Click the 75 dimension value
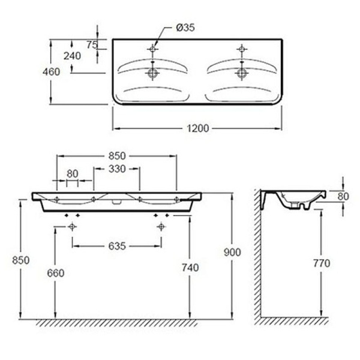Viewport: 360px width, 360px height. [92, 44]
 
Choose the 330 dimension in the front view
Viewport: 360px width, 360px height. [117, 169]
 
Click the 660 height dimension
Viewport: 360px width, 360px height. [56, 273]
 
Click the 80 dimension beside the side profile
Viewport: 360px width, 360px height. [343, 196]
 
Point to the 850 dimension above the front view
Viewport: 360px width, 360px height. [116, 154]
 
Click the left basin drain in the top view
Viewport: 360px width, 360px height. [153, 73]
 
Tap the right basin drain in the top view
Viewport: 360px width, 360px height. [242, 73]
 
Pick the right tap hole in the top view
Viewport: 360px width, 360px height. [242, 48]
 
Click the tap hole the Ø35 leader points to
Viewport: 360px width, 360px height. [153, 48]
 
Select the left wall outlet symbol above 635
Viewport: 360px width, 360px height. [73, 226]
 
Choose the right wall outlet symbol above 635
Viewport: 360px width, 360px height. [161, 226]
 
